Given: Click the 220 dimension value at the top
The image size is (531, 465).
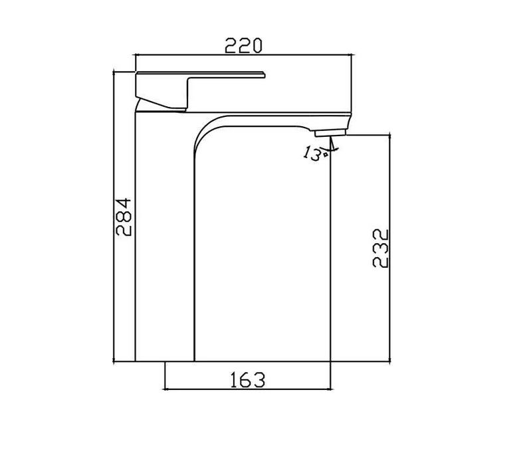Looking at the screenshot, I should (x=243, y=45).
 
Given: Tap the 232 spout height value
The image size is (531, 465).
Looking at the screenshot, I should (x=379, y=248).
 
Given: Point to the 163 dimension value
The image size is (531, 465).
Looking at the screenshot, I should (x=247, y=380).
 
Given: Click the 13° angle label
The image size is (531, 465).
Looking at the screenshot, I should (x=312, y=153).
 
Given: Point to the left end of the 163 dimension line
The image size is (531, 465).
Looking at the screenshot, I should (x=164, y=389).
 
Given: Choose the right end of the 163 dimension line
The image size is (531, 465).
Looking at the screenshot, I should (x=331, y=389).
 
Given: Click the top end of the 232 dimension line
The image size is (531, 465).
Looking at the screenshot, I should (x=389, y=136).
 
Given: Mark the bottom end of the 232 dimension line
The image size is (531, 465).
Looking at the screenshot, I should (x=389, y=361).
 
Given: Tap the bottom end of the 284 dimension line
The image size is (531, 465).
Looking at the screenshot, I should (x=114, y=361).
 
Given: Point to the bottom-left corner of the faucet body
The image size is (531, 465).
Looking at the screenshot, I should (x=136, y=361).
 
